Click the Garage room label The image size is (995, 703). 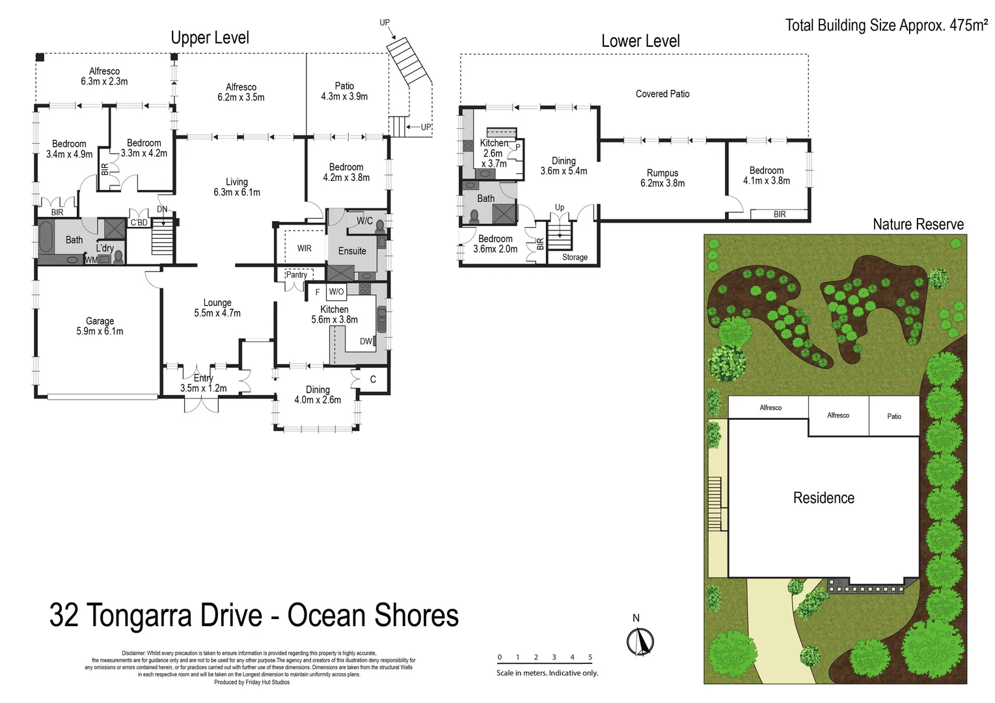pos(100,326)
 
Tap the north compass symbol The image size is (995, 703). pos(640,641)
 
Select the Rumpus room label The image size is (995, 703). pos(662,178)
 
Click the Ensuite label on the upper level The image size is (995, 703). pos(352,251)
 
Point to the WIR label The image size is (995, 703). pos(305,248)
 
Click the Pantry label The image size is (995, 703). pos(296,275)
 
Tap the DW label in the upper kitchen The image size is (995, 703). pos(366,342)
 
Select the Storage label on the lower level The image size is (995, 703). pos(575,257)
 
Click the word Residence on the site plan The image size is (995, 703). pos(823,498)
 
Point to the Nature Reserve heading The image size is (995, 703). pos(918,225)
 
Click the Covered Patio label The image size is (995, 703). pos(662,94)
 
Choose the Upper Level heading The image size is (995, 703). pos(210,38)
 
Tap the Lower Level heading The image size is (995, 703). pos(640,41)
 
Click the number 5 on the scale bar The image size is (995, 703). pos(590,657)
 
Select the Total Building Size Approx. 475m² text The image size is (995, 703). pos(886,25)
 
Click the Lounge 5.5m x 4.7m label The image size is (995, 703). pos(217,308)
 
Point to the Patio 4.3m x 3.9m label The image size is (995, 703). pos(344,91)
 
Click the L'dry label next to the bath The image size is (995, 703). pos(105,248)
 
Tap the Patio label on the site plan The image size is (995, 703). pos(894,417)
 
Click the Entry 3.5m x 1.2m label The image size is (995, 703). pos(203,383)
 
